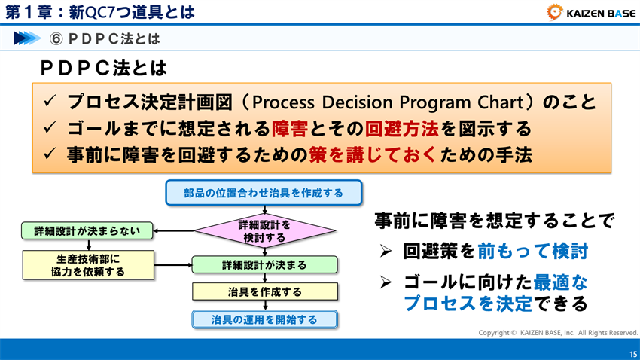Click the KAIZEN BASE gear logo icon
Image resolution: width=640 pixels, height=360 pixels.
(x=554, y=11)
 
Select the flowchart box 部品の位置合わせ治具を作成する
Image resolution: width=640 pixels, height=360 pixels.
(x=264, y=193)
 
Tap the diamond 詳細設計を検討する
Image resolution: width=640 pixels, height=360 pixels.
(x=264, y=231)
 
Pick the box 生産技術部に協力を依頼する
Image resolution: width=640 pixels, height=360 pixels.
(x=88, y=264)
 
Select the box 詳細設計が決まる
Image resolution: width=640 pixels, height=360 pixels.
(x=264, y=265)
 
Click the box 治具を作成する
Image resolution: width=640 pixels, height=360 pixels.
(x=264, y=291)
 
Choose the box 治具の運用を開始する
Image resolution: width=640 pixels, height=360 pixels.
(x=264, y=319)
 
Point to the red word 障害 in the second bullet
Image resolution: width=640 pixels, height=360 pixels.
(x=289, y=128)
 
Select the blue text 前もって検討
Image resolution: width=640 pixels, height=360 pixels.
(x=532, y=251)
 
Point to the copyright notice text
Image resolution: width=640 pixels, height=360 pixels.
(x=558, y=332)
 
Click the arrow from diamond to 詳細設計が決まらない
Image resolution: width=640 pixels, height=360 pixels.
(x=174, y=231)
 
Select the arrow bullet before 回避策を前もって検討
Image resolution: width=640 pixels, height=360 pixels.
(x=386, y=252)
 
